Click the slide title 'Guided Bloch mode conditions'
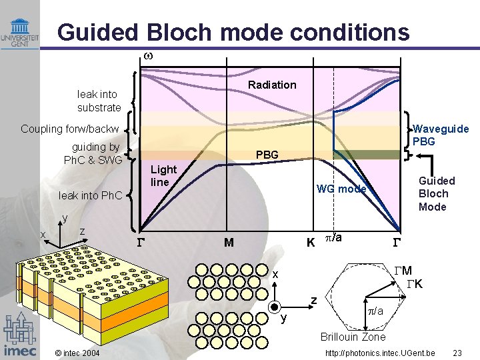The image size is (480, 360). click(233, 31)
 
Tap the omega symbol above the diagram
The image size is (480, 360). click(149, 57)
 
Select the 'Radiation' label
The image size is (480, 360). click(272, 85)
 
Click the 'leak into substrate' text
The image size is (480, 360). click(99, 101)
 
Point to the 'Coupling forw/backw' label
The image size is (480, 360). click(70, 129)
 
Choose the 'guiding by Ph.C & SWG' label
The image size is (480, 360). click(94, 153)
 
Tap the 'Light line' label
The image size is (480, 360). click(164, 176)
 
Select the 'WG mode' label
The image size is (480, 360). click(341, 189)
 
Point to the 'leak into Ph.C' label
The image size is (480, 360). click(91, 195)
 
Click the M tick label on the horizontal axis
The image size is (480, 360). click(229, 243)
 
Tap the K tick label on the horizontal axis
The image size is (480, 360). click(311, 243)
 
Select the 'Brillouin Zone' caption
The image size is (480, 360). click(353, 337)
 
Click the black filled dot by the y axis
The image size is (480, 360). click(273, 307)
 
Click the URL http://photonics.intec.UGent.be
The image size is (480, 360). click(380, 353)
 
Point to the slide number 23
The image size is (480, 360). click(457, 353)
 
